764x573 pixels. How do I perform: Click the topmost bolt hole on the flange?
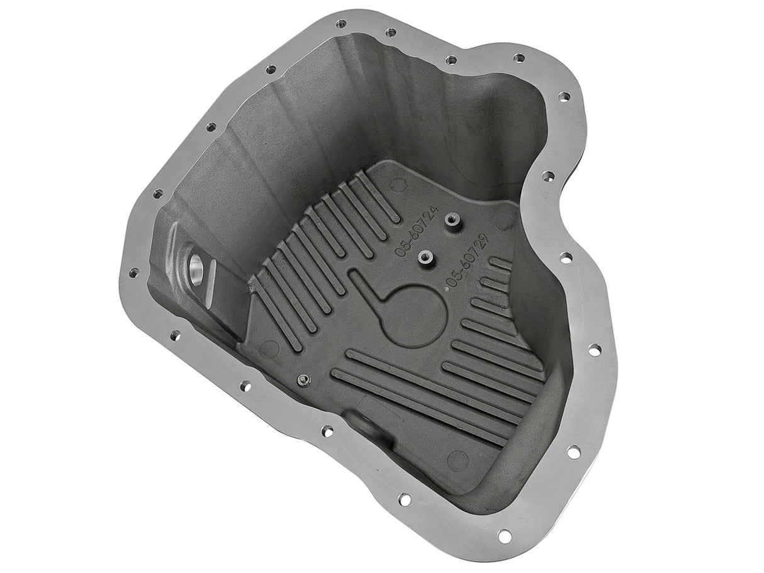pos(341,24)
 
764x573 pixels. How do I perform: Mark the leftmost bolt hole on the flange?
pos(133,272)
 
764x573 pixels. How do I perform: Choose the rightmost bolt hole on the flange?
pos(593,350)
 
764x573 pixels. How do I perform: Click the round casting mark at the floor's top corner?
pos(398,184)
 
